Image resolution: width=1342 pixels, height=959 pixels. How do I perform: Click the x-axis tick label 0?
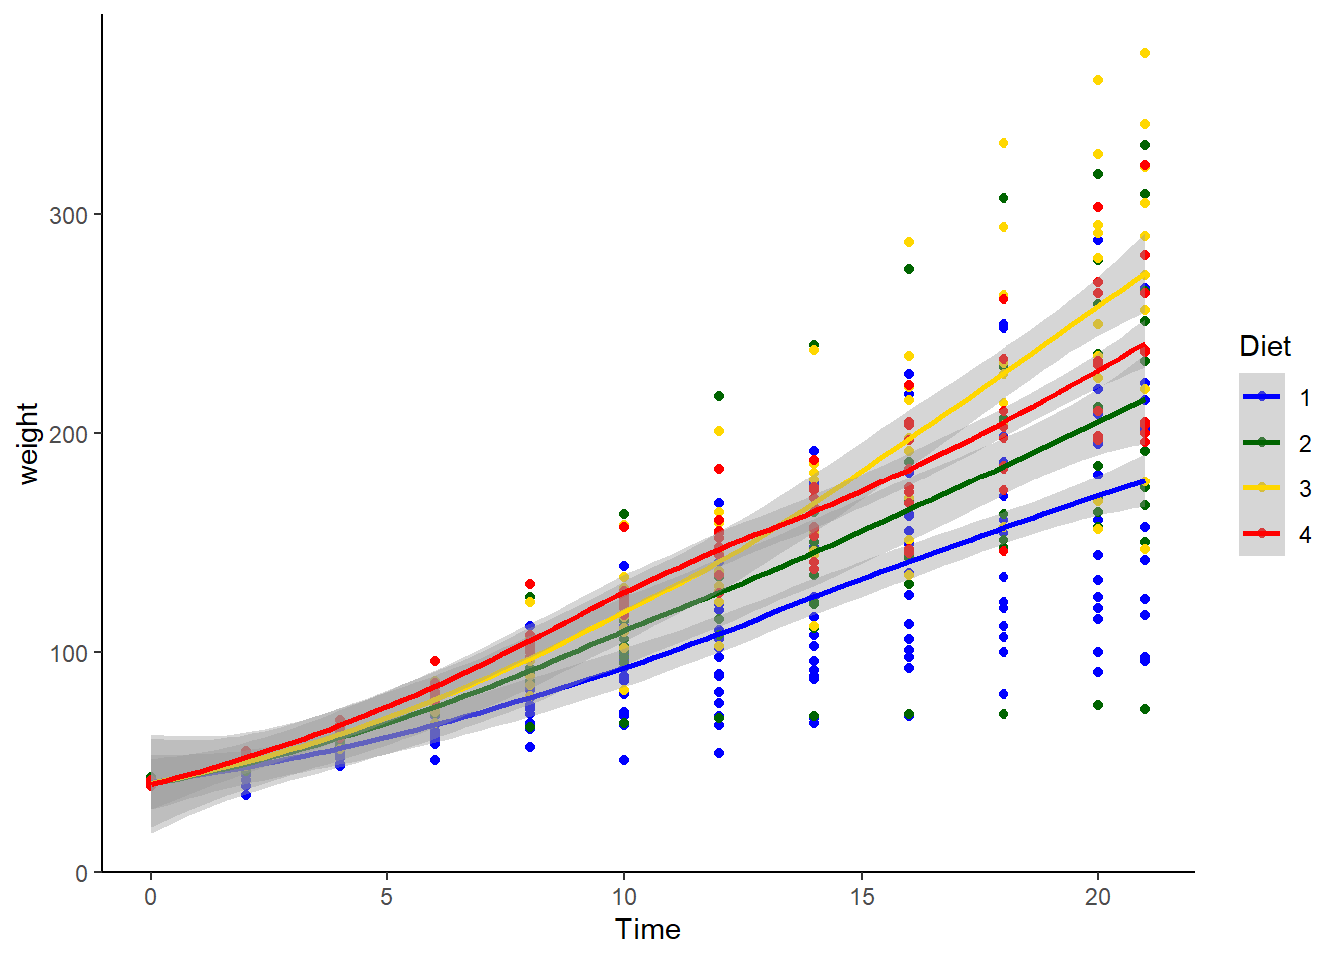point(150,897)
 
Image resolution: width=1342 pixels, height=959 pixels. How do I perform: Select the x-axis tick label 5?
point(386,897)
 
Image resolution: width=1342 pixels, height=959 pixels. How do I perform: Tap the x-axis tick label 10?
point(623,897)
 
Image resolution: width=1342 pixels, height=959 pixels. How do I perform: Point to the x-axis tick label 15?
point(861,897)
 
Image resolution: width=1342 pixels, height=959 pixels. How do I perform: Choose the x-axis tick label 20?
point(1097,897)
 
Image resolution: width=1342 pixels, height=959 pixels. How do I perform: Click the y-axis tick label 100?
point(68,653)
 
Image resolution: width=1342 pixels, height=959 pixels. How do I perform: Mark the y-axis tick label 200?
point(68,434)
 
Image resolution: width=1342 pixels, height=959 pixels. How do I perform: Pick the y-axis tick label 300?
point(68,215)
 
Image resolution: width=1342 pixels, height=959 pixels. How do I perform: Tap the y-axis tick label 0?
point(81,873)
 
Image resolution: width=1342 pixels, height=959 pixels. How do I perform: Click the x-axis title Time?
point(648,930)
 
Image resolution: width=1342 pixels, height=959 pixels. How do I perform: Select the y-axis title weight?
point(28,444)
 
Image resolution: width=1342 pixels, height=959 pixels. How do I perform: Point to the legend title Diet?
point(1265,347)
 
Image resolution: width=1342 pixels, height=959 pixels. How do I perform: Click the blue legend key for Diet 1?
point(1262,396)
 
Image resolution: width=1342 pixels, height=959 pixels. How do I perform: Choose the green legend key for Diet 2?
point(1262,442)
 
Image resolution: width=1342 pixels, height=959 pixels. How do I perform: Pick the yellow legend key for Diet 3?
point(1262,487)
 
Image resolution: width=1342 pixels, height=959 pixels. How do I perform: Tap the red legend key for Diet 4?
point(1262,533)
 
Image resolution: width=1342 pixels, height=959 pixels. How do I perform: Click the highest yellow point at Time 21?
point(1145,53)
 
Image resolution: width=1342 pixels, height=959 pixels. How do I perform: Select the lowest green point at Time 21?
point(1145,709)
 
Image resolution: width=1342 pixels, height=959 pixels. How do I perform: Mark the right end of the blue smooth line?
point(1144,480)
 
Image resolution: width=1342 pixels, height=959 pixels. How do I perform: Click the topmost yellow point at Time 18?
point(1004,143)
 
